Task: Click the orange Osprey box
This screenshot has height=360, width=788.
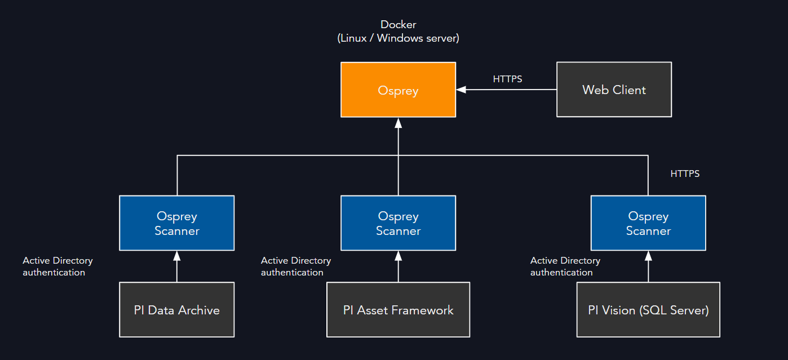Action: [398, 90]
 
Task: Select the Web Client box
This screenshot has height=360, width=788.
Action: [614, 90]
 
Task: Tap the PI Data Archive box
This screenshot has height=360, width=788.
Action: [176, 310]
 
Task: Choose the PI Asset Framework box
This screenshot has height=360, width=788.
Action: [398, 310]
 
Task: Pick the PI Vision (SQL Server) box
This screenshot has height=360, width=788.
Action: [648, 310]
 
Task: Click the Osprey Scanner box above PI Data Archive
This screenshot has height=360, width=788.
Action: [176, 223]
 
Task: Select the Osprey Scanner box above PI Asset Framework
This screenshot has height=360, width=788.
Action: [398, 223]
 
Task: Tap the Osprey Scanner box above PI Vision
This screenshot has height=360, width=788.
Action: [648, 223]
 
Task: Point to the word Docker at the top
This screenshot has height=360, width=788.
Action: [398, 24]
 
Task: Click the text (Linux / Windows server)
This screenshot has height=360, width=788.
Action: [398, 38]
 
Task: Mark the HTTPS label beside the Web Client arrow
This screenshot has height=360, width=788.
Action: [507, 79]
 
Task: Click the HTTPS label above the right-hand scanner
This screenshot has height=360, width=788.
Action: [685, 174]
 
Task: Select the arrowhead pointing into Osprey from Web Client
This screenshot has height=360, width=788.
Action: [461, 90]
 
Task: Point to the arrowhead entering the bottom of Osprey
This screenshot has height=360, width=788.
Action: [398, 122]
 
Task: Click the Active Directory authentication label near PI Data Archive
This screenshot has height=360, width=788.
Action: [57, 266]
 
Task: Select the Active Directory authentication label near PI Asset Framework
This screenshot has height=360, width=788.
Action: [295, 266]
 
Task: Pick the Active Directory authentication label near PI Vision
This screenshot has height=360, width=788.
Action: [565, 266]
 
